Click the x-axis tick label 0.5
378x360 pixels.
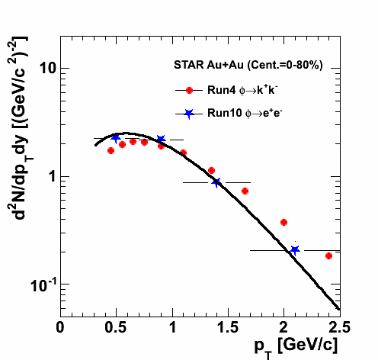click(x=116, y=327)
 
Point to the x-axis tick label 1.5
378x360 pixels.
click(x=228, y=327)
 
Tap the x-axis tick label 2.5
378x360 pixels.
click(x=339, y=327)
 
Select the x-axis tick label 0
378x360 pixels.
click(x=60, y=327)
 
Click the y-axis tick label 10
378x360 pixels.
click(x=48, y=68)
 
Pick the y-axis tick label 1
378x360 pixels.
click(x=53, y=176)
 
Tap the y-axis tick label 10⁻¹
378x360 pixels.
click(x=43, y=285)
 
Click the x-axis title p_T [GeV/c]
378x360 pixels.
click(x=296, y=347)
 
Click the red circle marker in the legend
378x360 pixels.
click(x=189, y=90)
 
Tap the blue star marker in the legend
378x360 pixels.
click(x=189, y=114)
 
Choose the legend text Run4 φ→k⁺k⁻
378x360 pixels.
click(x=242, y=90)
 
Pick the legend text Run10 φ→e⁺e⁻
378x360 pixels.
click(x=245, y=113)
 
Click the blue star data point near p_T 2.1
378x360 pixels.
click(x=295, y=250)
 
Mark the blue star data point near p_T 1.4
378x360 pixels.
click(x=216, y=182)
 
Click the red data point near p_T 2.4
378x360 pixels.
click(x=328, y=256)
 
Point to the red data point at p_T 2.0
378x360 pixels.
click(x=283, y=222)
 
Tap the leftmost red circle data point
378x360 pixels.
click(x=111, y=151)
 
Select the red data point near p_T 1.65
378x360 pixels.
click(x=245, y=191)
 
